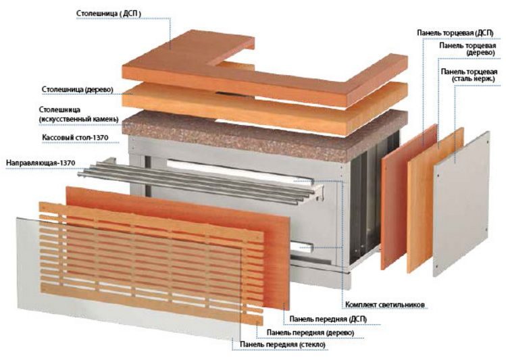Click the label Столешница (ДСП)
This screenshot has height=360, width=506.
pos(109,14)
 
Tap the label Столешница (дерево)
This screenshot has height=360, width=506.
pos(78,89)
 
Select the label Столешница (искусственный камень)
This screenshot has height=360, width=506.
pos(79,115)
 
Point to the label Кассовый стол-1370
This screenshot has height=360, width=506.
pos(75,138)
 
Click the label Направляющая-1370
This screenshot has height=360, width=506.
pos(41,163)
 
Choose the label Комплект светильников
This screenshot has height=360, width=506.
pos(384,305)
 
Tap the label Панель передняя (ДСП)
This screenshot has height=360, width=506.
pos(328,319)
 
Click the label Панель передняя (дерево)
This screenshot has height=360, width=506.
pos(311,332)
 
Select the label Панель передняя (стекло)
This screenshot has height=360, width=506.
pos(282,344)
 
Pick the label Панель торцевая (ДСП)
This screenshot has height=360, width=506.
pos(455,33)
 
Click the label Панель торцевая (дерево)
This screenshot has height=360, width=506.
pos(467,49)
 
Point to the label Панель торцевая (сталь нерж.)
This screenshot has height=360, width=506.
pos(470,75)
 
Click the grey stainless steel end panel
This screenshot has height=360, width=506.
pos(461,203)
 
